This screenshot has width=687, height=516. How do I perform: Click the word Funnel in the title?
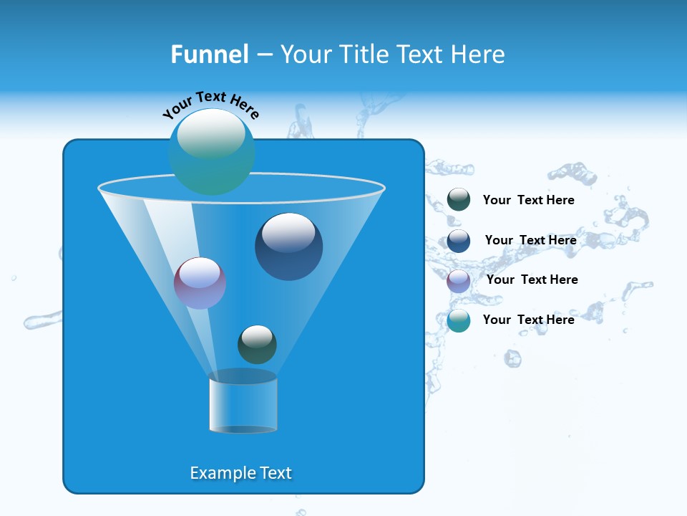coord(209,54)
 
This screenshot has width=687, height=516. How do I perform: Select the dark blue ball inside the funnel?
coord(288,247)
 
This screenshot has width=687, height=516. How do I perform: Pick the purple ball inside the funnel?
coord(200,283)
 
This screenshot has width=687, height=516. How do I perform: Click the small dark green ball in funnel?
coord(257,345)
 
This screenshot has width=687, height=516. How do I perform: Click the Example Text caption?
coord(241,473)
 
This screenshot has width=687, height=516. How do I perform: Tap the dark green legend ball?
coord(459,200)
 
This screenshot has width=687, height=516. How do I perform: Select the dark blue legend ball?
coord(459,241)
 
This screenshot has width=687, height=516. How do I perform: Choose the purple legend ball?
coord(459,281)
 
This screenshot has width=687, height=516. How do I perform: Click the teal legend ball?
coord(459,320)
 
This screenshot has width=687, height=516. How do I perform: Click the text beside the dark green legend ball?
coord(528,201)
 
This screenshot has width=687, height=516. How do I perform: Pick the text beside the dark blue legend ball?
coord(530,241)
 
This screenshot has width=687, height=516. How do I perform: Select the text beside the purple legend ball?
coord(532,280)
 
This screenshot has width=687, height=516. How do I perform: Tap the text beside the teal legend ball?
coord(528,320)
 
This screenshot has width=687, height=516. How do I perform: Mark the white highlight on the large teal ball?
coord(211,133)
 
